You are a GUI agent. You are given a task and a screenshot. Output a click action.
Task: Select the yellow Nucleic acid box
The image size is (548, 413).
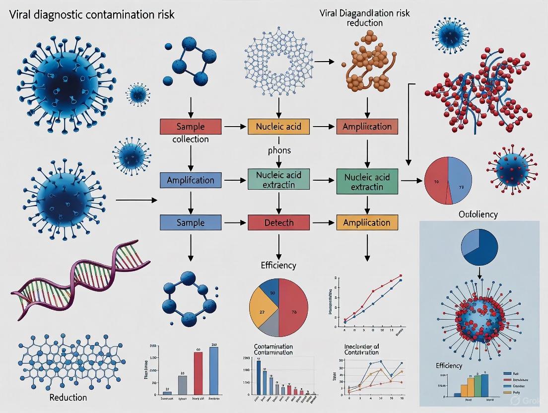coord(278,127)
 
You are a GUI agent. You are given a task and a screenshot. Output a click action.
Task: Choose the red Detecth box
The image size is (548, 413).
coord(278,222)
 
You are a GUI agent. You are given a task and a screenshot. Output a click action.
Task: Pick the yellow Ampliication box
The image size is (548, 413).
coord(367,222)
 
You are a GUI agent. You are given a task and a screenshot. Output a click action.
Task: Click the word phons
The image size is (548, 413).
coord(278,149)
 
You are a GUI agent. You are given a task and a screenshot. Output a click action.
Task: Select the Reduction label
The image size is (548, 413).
coord(68,397)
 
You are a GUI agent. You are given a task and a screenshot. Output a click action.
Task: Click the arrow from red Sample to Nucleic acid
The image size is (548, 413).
coord(235,127)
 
